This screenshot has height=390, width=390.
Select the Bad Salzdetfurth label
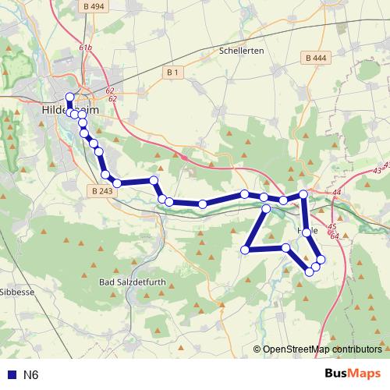(132, 281)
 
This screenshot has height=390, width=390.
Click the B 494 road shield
(93, 6)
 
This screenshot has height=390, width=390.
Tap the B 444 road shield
(316, 58)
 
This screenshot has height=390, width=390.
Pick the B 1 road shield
(172, 73)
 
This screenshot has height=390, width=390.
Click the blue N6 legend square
(10, 374)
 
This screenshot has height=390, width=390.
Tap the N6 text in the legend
(31, 374)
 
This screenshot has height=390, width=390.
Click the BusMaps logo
(353, 374)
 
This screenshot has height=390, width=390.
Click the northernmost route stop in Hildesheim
(69, 97)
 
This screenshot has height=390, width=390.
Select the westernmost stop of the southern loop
(245, 250)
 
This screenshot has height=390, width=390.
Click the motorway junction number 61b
(85, 48)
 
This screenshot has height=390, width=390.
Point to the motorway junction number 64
(334, 236)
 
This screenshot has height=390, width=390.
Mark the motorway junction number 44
(337, 192)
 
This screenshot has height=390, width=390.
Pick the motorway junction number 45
(332, 227)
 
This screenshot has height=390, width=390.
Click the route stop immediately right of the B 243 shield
(116, 183)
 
